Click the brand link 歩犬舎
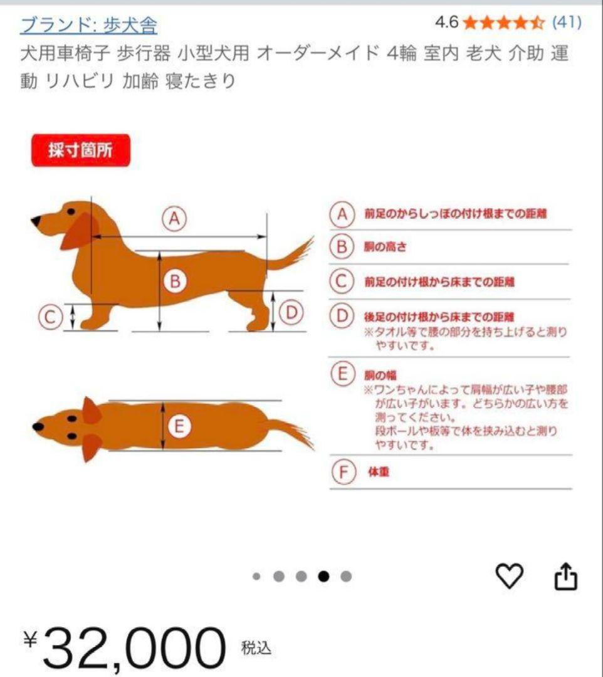tap(88, 24)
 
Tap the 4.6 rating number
tap(446, 23)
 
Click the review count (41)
tap(566, 23)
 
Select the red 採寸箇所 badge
tap(81, 151)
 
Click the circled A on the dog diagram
tap(176, 218)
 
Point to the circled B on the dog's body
tap(176, 282)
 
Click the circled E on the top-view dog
tap(179, 427)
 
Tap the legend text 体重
tap(377, 472)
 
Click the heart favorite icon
tap(509, 575)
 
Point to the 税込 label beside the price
tap(256, 648)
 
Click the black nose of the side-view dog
tap(36, 221)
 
